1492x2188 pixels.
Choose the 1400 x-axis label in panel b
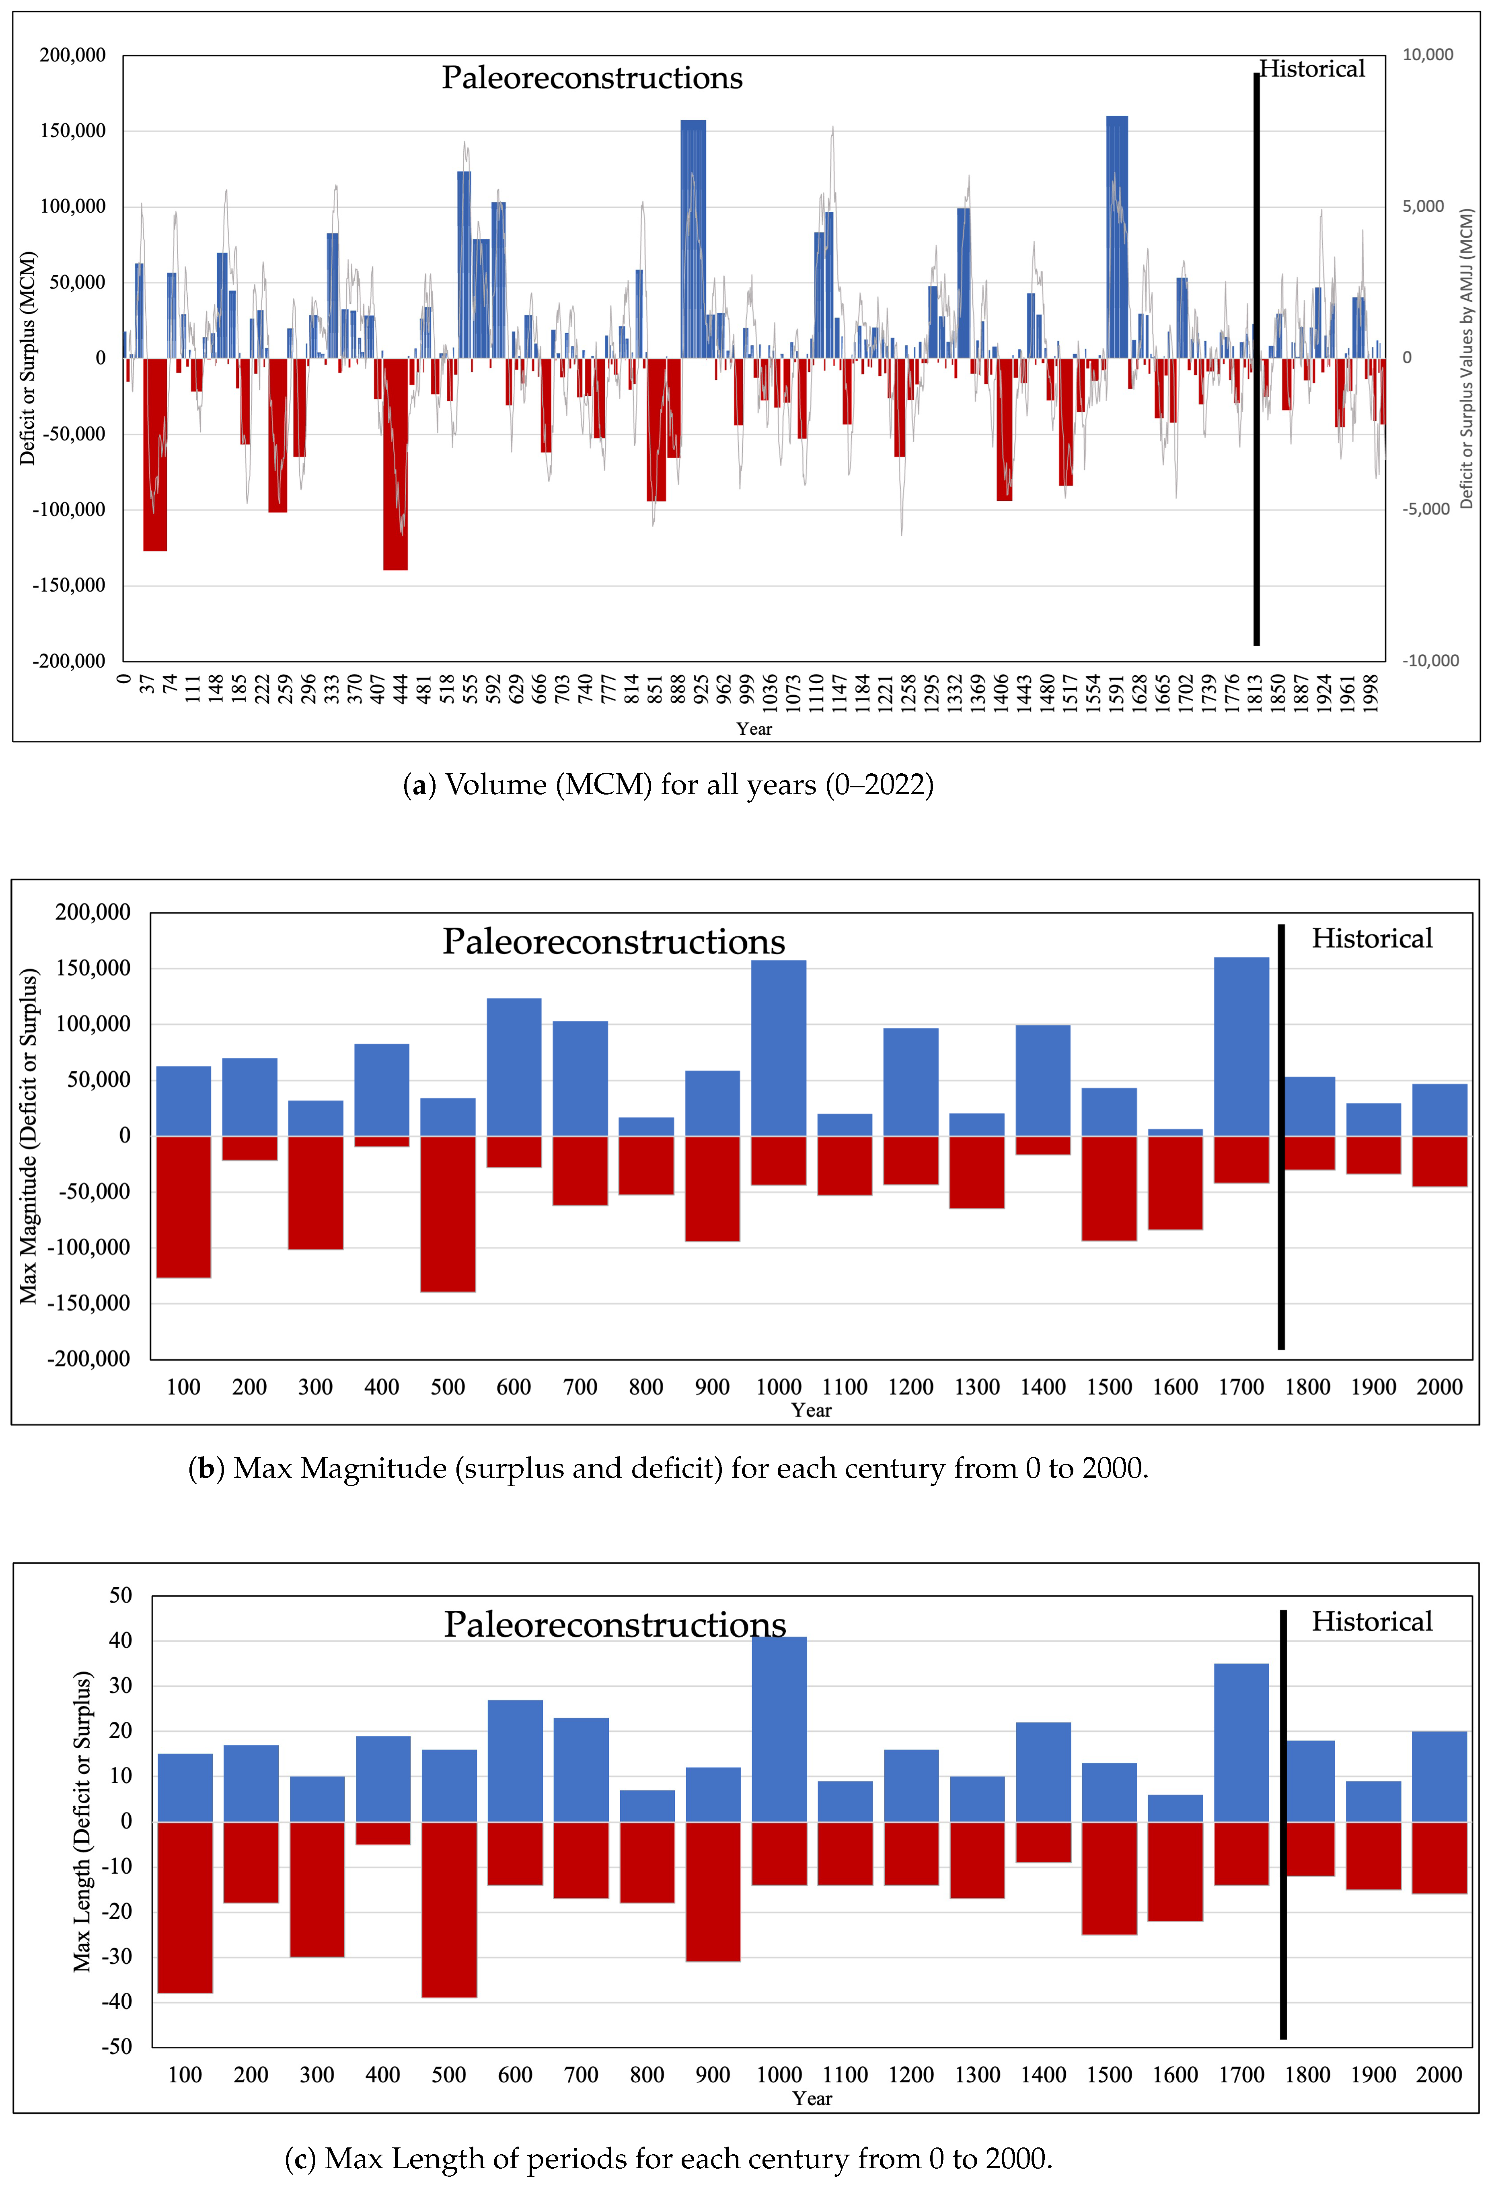[1043, 1387]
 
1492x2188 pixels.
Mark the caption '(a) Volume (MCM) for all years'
[668, 784]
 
